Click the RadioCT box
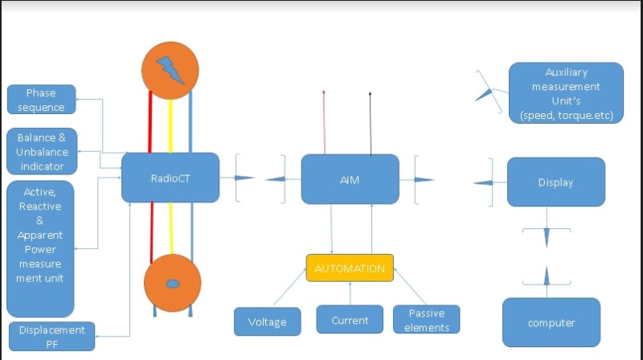[170, 178]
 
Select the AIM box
[350, 179]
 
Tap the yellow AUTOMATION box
[350, 268]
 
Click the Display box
[555, 182]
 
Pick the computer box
[551, 322]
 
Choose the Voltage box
[267, 321]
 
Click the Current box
[350, 321]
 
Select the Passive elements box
[427, 320]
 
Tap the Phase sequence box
[41, 100]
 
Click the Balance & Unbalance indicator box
[42, 151]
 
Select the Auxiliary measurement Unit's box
[566, 93]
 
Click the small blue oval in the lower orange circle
[171, 286]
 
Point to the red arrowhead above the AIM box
[324, 93]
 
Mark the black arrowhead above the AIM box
[371, 93]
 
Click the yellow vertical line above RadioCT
[170, 125]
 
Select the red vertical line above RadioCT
[150, 125]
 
